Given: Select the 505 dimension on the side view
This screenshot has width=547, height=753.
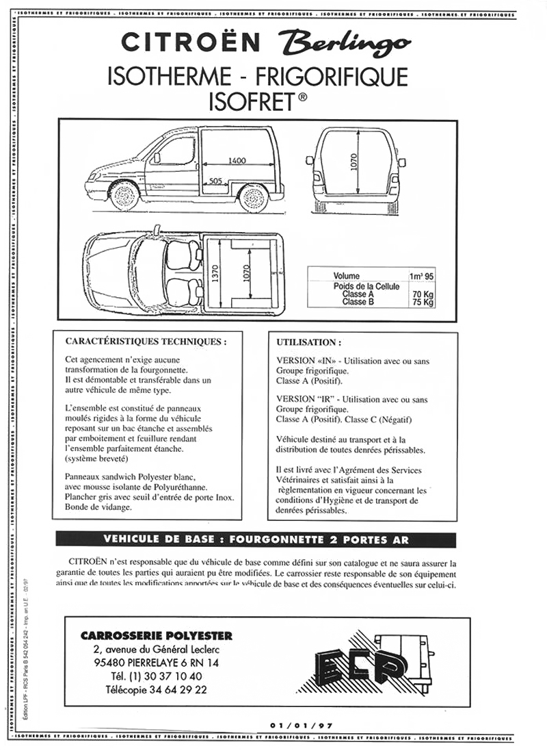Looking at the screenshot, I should tap(215, 181).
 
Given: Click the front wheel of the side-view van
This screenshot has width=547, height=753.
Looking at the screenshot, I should tap(125, 196).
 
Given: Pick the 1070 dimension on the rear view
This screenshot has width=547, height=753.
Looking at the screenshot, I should tap(355, 162).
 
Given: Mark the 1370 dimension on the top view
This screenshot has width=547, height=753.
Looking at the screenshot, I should tap(215, 275).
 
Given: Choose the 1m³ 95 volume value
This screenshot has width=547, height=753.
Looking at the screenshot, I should tap(421, 277).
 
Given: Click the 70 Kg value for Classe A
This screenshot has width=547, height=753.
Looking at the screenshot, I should tap(423, 294).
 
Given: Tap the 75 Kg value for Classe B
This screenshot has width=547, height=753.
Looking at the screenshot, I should tap(423, 302).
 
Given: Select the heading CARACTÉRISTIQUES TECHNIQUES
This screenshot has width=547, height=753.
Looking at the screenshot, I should tap(145, 341).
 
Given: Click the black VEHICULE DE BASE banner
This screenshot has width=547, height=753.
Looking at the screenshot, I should tap(256, 539).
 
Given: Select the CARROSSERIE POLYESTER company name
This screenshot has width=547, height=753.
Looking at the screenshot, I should tap(157, 636).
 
